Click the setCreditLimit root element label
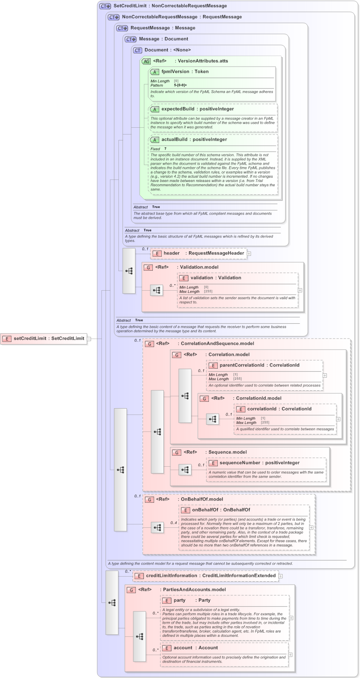pyautogui.click(x=49, y=338)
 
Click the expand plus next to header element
pyautogui.click(x=249, y=254)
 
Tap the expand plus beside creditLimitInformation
pyautogui.click(x=281, y=576)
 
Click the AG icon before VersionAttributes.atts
pyautogui.click(x=146, y=61)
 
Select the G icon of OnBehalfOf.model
pyautogui.click(x=149, y=499)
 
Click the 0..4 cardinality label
pyautogui.click(x=174, y=523)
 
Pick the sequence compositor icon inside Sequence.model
pyautogui.click(x=185, y=470)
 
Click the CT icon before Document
pyautogui.click(x=138, y=50)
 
